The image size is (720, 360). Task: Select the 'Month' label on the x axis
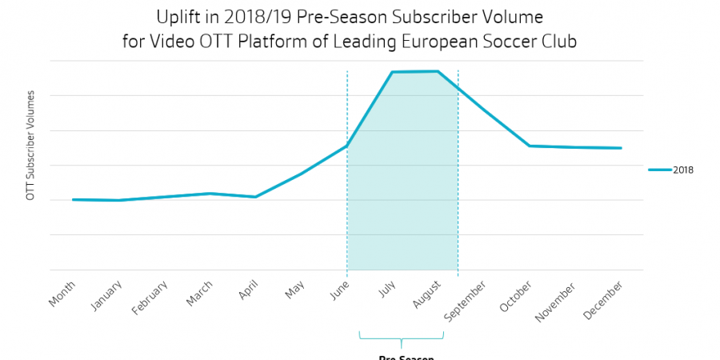[x=62, y=294]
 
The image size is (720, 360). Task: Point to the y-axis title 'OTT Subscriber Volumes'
[x=31, y=145]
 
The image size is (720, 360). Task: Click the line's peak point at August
[x=438, y=71]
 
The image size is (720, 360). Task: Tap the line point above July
[x=392, y=72]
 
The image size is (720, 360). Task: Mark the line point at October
[x=529, y=146]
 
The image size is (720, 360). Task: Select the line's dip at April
[x=255, y=197]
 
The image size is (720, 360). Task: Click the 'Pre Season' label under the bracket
[x=406, y=357]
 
